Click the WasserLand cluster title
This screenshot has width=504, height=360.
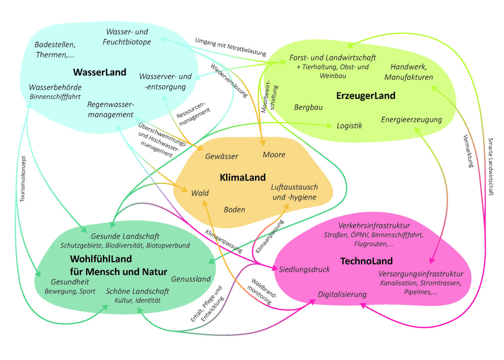point(100,72)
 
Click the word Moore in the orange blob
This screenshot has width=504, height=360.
point(274,154)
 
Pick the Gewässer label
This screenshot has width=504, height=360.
point(222,157)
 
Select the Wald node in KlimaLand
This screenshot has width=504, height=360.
point(200,193)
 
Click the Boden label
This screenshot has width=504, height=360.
point(234,209)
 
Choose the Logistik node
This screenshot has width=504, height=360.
point(349,126)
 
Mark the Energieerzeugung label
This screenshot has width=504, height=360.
point(411,119)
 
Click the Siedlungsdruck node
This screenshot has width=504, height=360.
point(304,270)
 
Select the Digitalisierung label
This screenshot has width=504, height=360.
point(342,294)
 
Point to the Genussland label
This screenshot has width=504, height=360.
point(191,279)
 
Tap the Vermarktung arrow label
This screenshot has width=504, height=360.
point(464,151)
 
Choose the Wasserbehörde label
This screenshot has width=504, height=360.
point(55,87)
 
